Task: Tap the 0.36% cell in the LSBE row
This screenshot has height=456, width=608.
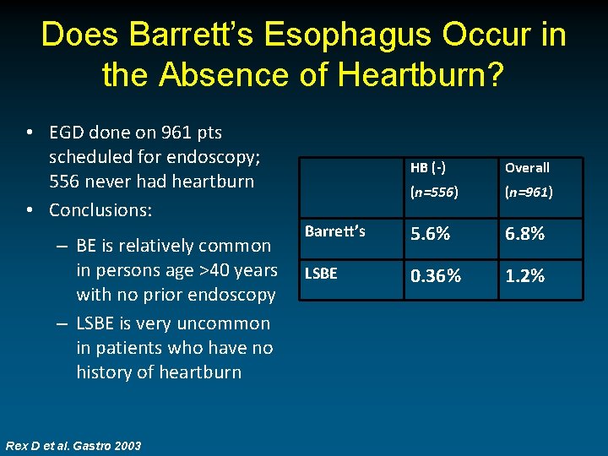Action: click(x=436, y=276)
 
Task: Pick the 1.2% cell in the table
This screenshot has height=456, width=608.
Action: click(x=524, y=276)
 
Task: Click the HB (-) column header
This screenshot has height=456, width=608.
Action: click(x=428, y=168)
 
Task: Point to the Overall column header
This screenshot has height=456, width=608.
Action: click(x=527, y=168)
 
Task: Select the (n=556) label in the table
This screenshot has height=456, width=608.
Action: click(x=434, y=192)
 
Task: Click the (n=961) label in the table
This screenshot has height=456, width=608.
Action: click(x=529, y=192)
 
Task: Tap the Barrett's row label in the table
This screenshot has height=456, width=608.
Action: click(x=335, y=231)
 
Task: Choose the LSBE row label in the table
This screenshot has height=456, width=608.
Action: click(x=320, y=274)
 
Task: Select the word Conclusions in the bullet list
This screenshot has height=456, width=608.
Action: click(x=100, y=209)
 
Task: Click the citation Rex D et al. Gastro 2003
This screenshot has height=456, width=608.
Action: click(x=73, y=445)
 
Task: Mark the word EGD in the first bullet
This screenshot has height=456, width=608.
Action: click(x=68, y=133)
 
